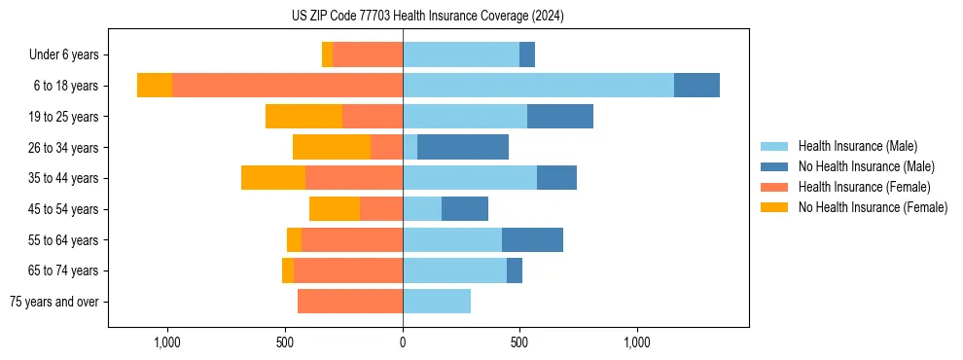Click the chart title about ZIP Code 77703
[428, 16]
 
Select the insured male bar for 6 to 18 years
[538, 86]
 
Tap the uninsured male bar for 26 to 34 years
[463, 147]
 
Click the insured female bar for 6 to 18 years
[287, 86]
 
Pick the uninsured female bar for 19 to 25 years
[303, 117]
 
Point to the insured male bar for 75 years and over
[437, 302]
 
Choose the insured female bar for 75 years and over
[350, 302]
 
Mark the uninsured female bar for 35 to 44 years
[273, 178]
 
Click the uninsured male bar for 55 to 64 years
[532, 239]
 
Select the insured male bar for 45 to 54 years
[422, 209]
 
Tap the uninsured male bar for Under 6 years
[527, 54]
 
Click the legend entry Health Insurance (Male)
[857, 146]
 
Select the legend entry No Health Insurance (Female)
[873, 207]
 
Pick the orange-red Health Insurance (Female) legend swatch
[774, 187]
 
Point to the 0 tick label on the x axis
[403, 342]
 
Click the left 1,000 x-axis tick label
[167, 342]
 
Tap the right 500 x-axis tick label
[519, 342]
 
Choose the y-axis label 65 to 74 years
[64, 270]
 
